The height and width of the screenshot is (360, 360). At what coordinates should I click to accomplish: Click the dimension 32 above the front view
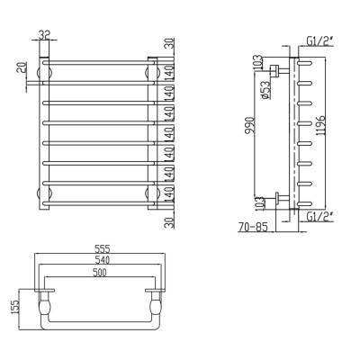pos(45,36)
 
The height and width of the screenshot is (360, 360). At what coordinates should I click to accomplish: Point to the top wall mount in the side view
pos(283,68)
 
